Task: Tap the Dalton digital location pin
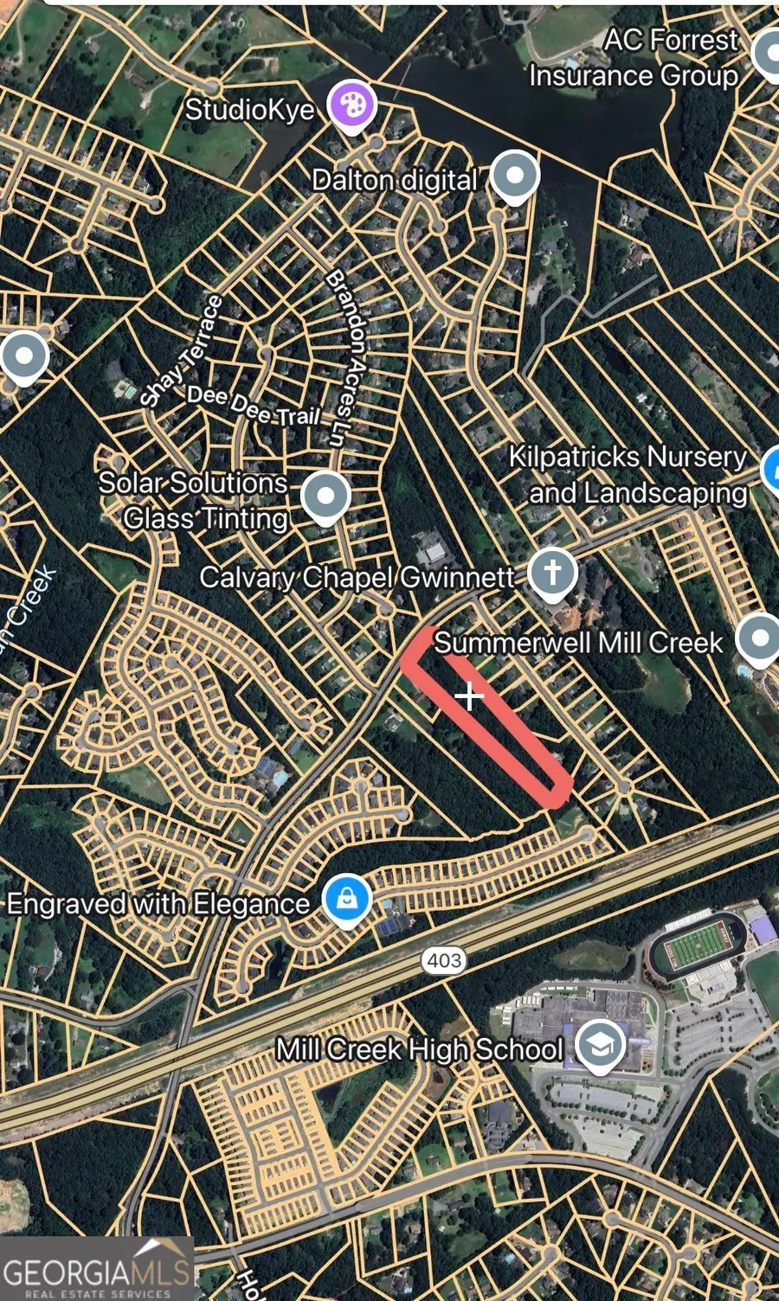(x=515, y=176)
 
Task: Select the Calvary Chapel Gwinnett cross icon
(x=552, y=572)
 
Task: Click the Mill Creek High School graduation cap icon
(x=600, y=1044)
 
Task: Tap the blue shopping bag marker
(x=347, y=899)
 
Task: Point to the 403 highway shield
(x=444, y=960)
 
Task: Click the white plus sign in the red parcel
(x=469, y=695)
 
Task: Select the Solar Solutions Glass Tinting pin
(x=325, y=497)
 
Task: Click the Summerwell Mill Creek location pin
(x=759, y=638)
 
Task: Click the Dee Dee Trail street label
(x=254, y=407)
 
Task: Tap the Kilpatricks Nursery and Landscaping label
(x=628, y=474)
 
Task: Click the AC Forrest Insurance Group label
(x=634, y=57)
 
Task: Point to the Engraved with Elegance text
(x=158, y=904)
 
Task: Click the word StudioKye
(x=249, y=109)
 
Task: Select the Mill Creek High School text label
(x=420, y=1049)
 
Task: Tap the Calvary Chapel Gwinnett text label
(x=357, y=576)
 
